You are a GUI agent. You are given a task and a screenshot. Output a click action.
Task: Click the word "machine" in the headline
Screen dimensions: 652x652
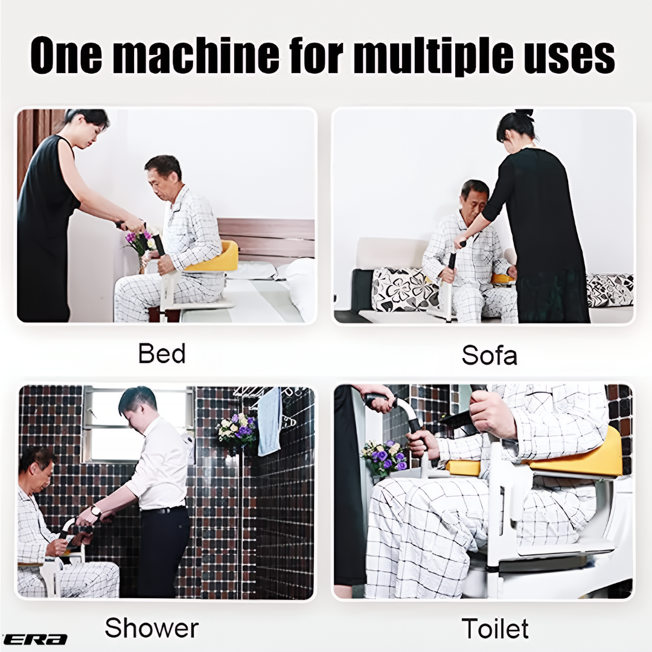196,56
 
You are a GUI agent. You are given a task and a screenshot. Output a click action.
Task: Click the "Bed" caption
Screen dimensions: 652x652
162,353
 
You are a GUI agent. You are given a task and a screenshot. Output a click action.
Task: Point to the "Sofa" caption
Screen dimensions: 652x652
490,356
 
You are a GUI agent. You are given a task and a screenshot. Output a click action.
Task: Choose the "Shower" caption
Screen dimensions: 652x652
152,627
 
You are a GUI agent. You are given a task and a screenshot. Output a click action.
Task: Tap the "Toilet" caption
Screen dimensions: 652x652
495,628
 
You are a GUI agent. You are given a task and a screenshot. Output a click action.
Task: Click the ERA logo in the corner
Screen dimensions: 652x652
35,639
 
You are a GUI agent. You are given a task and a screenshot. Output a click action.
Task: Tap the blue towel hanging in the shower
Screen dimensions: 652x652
269,421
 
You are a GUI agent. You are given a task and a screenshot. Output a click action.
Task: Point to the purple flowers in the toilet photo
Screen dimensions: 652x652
384,458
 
